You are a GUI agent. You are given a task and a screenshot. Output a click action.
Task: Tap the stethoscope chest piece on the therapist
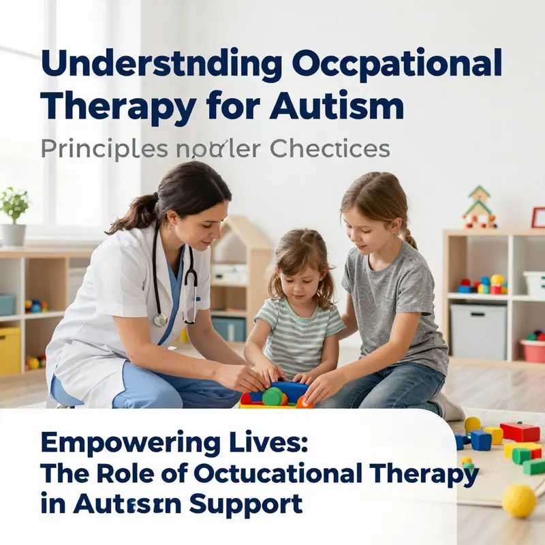point(161,319)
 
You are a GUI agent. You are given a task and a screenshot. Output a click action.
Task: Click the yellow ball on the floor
point(518,501)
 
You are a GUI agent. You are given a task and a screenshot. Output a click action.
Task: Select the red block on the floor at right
point(520,432)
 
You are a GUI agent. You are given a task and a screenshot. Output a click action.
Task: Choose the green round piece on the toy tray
point(272,396)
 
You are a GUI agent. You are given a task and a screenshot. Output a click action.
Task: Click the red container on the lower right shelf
point(533,350)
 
